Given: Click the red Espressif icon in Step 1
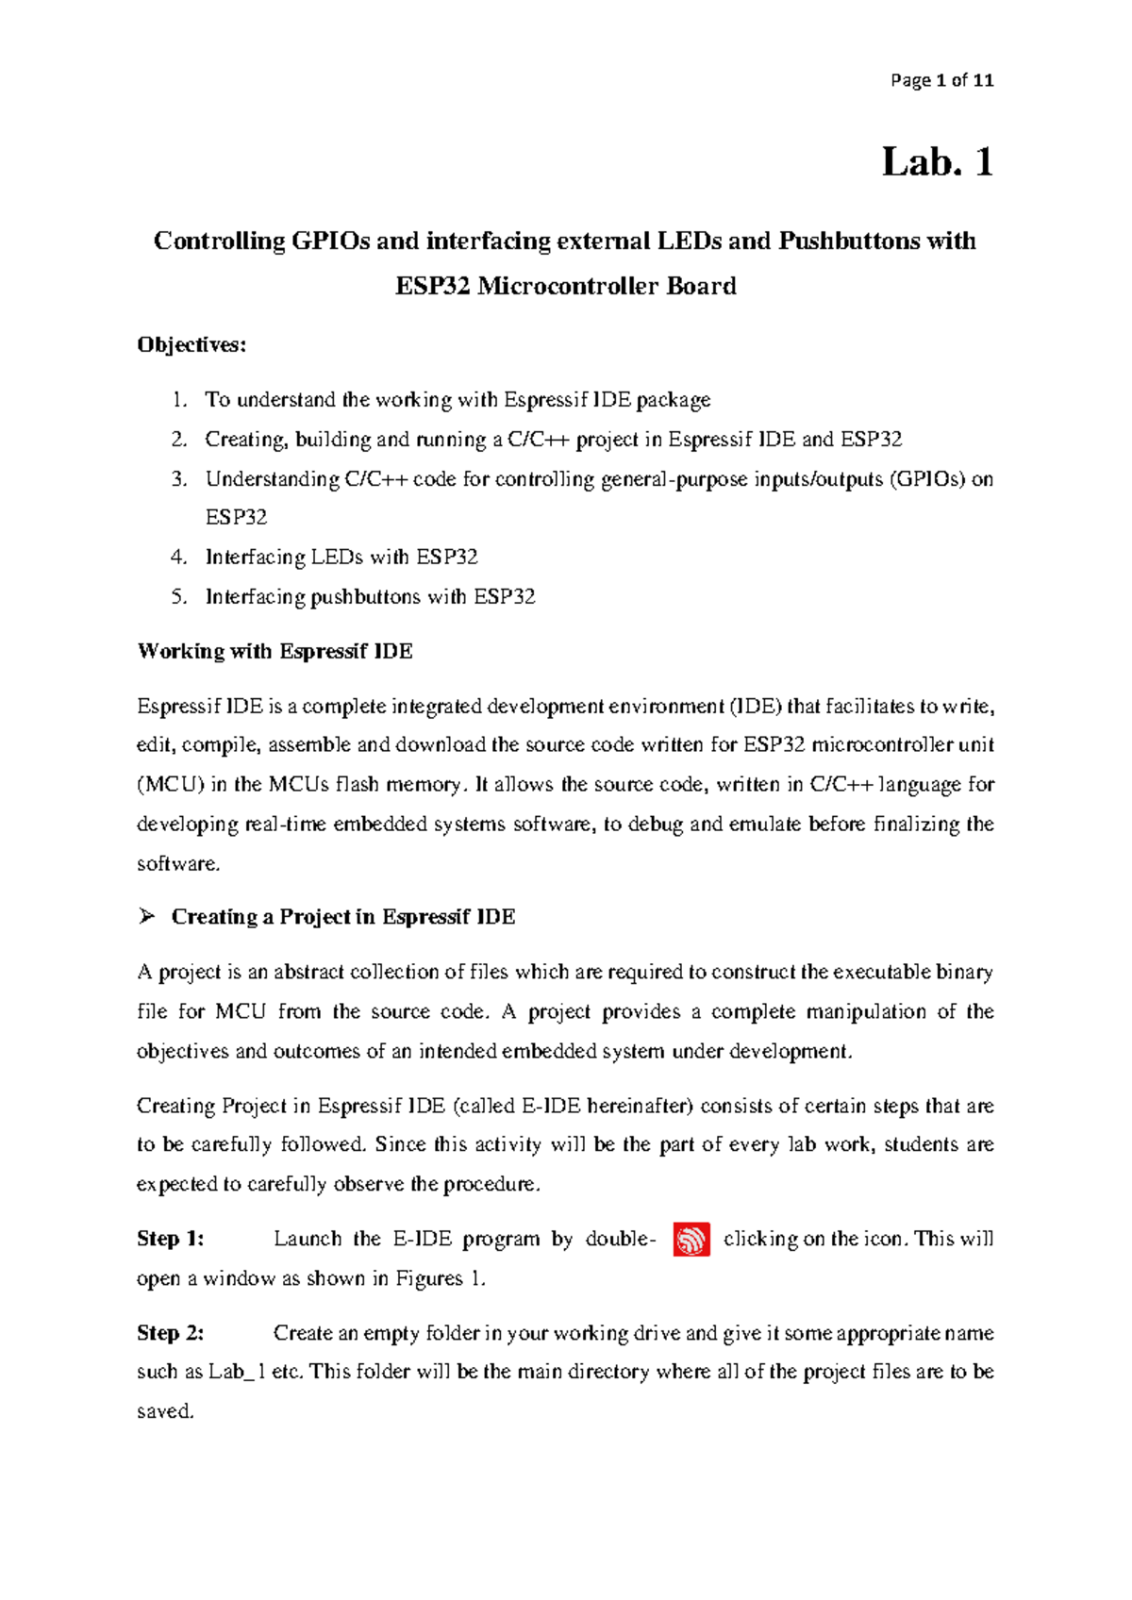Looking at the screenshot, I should click(x=691, y=1239).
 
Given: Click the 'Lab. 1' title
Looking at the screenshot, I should click(x=937, y=162).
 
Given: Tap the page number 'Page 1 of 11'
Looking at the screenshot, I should click(x=941, y=80).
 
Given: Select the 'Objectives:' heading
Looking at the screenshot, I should click(x=191, y=345).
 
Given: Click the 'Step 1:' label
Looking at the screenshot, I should click(x=171, y=1239).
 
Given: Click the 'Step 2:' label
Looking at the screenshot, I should click(x=171, y=1333).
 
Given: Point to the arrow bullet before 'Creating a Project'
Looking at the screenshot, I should click(x=146, y=916).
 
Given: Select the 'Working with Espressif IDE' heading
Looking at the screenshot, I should click(x=275, y=651).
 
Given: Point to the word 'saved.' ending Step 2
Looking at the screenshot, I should click(x=165, y=1411).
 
